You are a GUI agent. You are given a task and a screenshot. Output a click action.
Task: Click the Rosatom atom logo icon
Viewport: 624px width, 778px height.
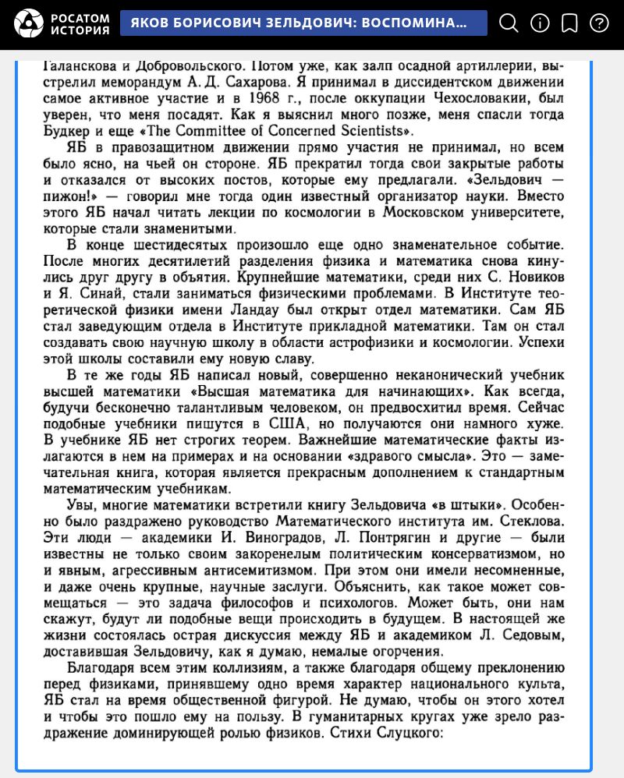pyautogui.click(x=29, y=23)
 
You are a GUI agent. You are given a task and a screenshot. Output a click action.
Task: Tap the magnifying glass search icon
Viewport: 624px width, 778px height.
pyautogui.click(x=509, y=23)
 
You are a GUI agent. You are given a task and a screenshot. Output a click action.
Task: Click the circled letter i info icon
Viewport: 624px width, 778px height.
pyautogui.click(x=540, y=23)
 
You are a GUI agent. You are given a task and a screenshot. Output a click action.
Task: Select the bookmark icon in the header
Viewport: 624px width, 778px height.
pyautogui.click(x=570, y=23)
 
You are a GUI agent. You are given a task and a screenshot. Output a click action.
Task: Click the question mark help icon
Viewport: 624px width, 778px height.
pyautogui.click(x=599, y=23)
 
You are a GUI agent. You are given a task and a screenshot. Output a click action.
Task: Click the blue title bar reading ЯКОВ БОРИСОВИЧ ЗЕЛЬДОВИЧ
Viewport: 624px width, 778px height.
pyautogui.click(x=303, y=23)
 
